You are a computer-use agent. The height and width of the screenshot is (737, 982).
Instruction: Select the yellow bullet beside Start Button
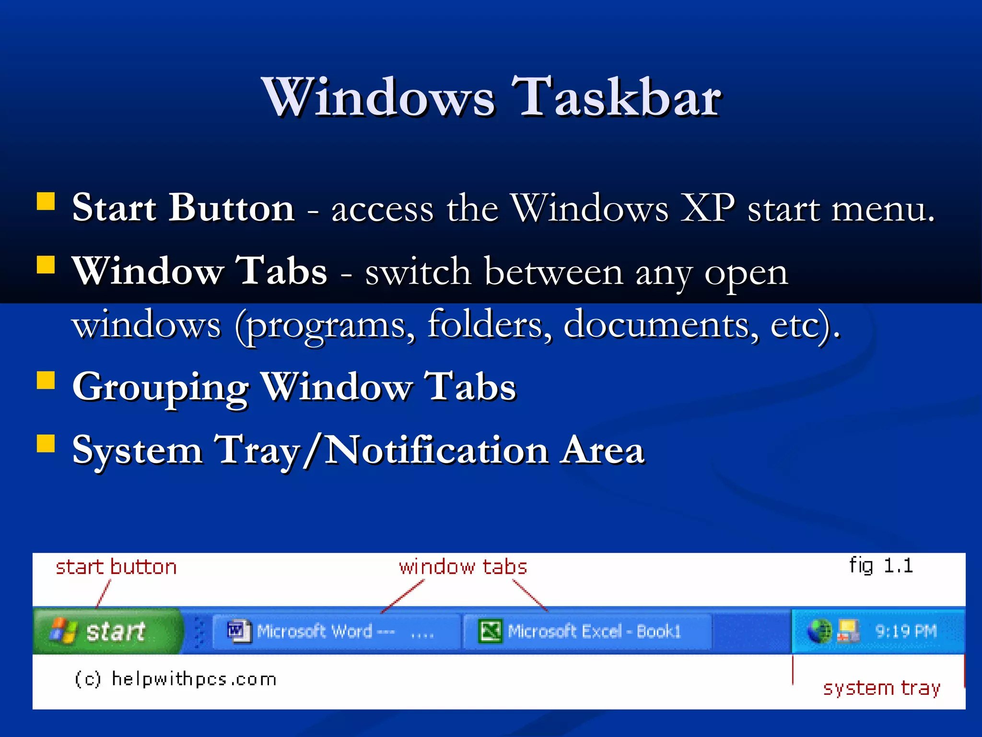point(46,202)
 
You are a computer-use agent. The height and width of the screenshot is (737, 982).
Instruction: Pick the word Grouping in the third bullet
point(161,387)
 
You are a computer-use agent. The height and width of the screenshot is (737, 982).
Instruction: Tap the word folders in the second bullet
point(489,324)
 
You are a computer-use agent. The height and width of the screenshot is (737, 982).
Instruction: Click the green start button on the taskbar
point(108,631)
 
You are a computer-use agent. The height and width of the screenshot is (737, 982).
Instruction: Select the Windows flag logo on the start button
point(63,630)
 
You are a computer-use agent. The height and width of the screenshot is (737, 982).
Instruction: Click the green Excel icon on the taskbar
point(491,631)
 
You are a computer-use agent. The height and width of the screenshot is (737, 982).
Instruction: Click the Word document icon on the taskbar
point(239,631)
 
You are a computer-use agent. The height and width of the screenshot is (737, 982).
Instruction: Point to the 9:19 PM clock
point(906,631)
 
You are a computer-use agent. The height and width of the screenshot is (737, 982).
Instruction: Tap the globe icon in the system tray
point(819,631)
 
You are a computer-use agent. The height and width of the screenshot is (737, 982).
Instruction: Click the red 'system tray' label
point(881,688)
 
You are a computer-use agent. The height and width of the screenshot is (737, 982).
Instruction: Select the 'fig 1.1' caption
point(881,566)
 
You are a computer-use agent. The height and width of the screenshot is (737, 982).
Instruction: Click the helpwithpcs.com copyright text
point(176,679)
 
